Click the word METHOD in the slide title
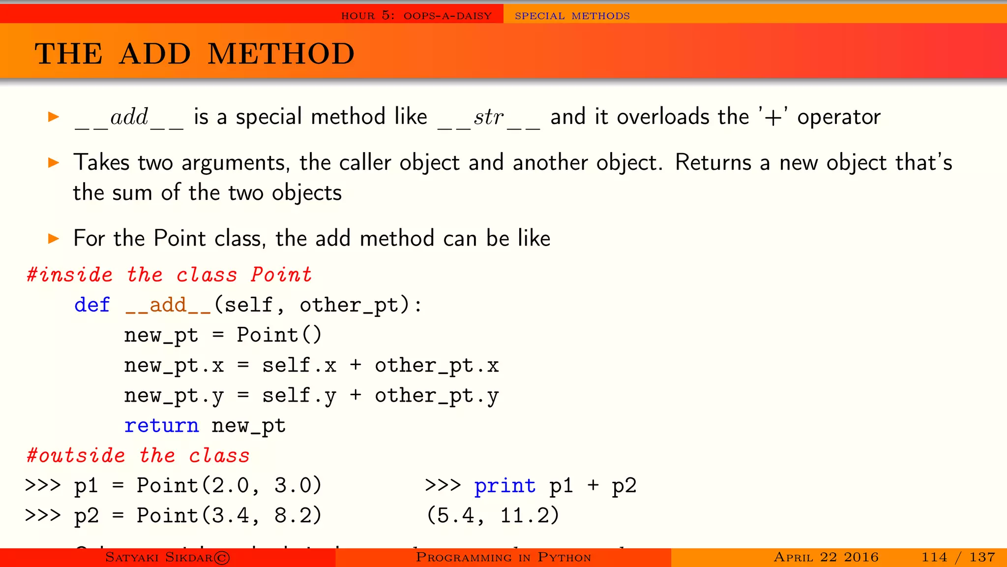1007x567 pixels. (281, 54)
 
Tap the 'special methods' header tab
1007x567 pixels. (572, 16)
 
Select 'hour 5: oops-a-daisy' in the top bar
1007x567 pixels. (416, 16)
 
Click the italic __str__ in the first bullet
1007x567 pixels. (489, 118)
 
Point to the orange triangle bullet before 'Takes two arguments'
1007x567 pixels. (54, 162)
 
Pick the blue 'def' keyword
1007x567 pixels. (92, 305)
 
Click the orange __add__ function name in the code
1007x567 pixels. (168, 306)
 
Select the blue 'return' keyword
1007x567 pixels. (161, 426)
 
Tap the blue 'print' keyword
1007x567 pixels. (504, 486)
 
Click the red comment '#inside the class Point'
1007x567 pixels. (169, 275)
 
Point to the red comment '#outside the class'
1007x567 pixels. (138, 456)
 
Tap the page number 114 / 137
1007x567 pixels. (958, 557)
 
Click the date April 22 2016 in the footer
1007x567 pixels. (826, 557)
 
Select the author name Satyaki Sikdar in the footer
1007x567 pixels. (167, 557)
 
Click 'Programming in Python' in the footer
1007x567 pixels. (503, 557)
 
